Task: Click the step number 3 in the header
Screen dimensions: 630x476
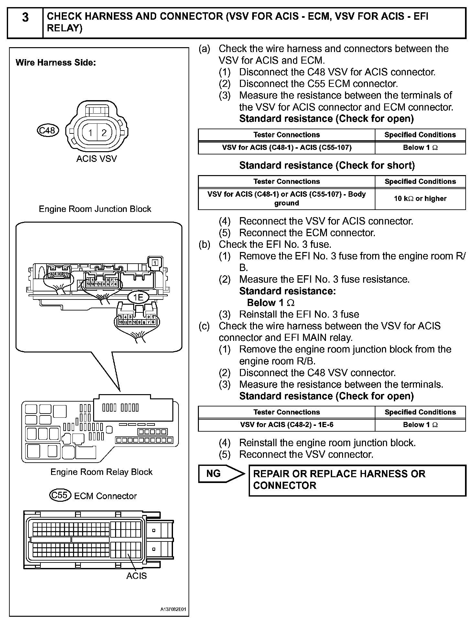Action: (25, 17)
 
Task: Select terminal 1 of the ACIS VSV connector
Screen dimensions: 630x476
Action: (91, 133)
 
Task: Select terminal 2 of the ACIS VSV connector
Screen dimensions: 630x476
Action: (104, 133)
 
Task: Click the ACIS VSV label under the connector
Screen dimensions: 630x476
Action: (96, 159)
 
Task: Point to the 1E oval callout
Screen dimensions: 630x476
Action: (138, 297)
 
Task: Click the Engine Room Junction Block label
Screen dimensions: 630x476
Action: (95, 209)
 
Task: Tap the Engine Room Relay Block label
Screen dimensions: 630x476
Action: (101, 472)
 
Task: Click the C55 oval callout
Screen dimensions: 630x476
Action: (60, 495)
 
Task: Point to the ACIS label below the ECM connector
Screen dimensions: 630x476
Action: (136, 576)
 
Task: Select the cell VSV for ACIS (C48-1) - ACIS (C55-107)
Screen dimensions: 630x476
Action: (287, 148)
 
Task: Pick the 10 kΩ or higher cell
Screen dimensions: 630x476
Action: (420, 199)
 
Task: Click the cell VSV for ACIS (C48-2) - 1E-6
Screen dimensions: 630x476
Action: (287, 425)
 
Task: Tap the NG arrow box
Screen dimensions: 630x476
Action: (221, 474)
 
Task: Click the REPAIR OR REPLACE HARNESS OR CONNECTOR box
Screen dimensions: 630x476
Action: (357, 480)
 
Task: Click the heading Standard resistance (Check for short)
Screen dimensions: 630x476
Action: (327, 165)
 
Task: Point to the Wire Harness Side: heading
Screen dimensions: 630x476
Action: (56, 63)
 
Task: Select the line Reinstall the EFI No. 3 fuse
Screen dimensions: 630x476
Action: (299, 314)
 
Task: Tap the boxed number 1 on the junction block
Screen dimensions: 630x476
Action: (155, 263)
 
